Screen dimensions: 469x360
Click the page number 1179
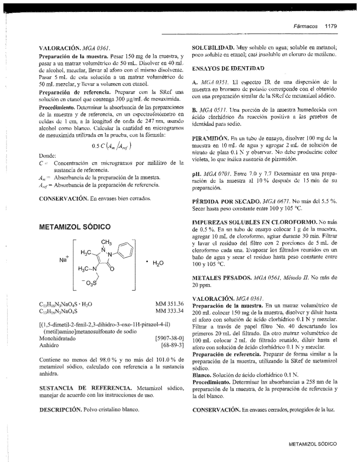tap(331, 26)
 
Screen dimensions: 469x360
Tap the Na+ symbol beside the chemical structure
tap(64, 259)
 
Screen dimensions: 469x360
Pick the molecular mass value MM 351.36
tap(169, 304)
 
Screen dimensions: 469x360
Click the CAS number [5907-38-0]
tap(169, 338)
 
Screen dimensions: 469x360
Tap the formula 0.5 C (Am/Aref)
tap(111, 146)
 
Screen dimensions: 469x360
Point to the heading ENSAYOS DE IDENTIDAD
tap(228, 68)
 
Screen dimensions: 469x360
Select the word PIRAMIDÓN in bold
tap(211, 138)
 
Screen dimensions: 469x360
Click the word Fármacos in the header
tap(305, 26)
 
